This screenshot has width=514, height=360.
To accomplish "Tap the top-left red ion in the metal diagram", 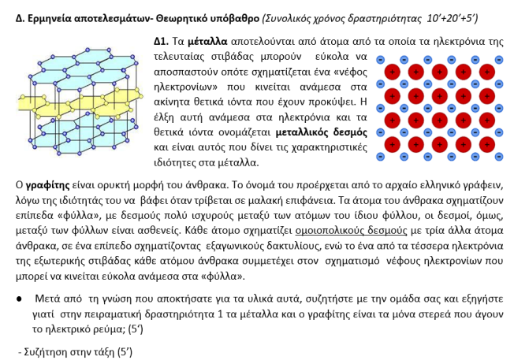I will tap(393, 72).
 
